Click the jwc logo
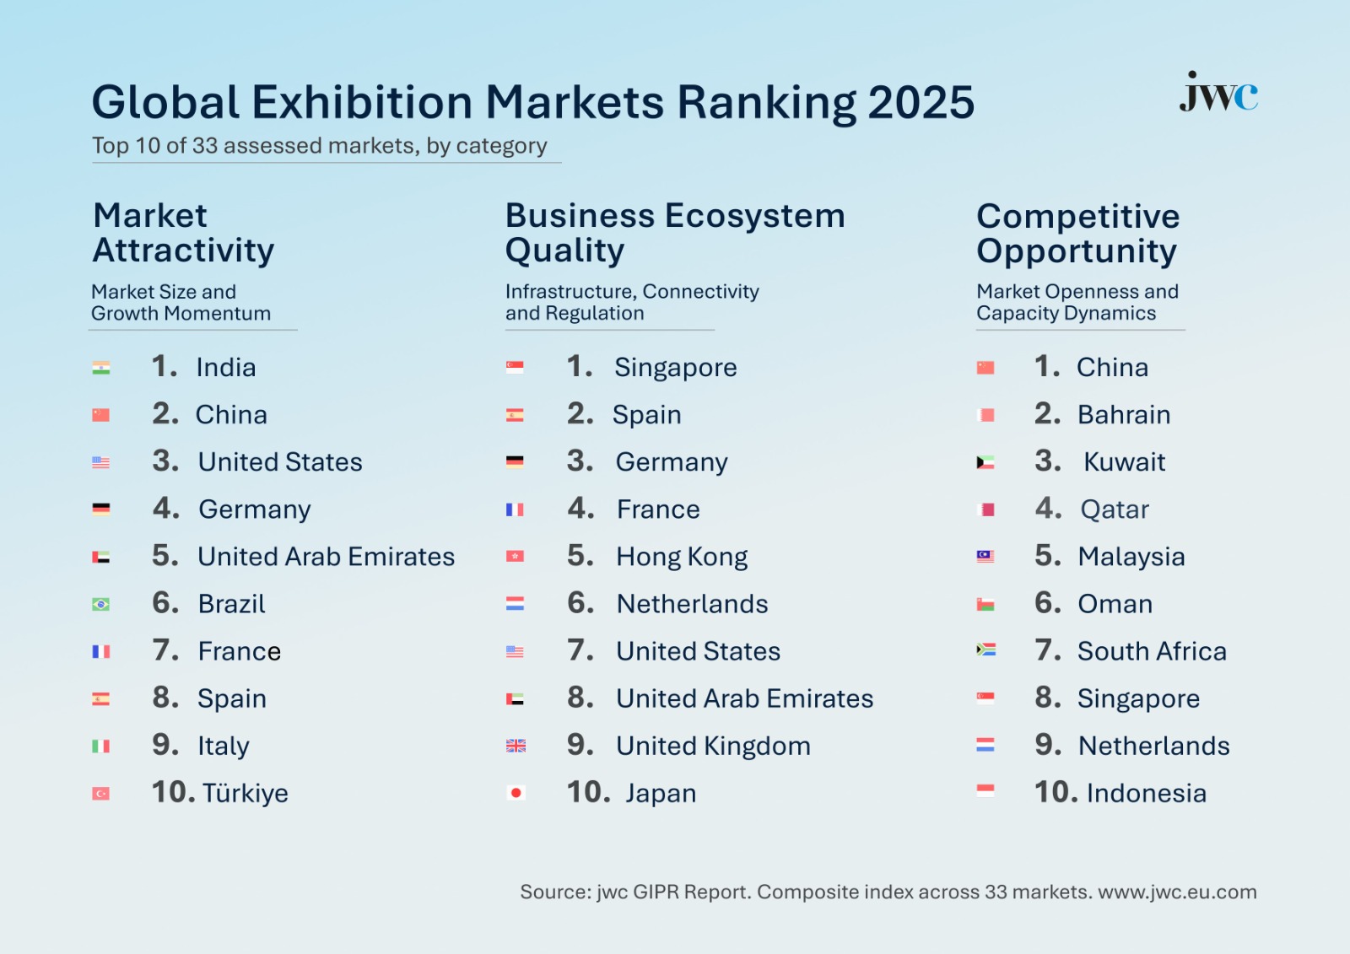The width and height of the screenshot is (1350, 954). (1218, 93)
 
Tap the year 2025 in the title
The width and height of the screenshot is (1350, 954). (921, 103)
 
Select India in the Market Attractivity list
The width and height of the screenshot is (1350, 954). (225, 368)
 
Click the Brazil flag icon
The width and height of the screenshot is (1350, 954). (101, 604)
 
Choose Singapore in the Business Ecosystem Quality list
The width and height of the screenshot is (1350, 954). (675, 368)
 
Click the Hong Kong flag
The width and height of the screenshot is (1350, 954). (516, 557)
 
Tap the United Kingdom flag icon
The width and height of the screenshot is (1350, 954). (516, 746)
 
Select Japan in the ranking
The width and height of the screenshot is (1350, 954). (661, 794)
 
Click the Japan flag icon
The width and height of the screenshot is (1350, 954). (516, 793)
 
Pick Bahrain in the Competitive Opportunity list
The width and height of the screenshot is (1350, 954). (1124, 415)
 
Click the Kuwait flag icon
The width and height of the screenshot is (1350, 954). (985, 462)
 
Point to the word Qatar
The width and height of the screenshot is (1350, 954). (1115, 509)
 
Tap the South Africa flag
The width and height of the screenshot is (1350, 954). (985, 650)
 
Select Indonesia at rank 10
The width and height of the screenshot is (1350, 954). (1146, 793)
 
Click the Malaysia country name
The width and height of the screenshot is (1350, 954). (1131, 557)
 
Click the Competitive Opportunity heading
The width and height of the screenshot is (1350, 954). (1077, 234)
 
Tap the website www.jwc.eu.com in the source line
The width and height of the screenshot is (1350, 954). (1177, 892)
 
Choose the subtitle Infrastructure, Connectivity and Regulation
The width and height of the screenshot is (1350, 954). (632, 303)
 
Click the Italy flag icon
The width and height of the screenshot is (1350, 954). (101, 746)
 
